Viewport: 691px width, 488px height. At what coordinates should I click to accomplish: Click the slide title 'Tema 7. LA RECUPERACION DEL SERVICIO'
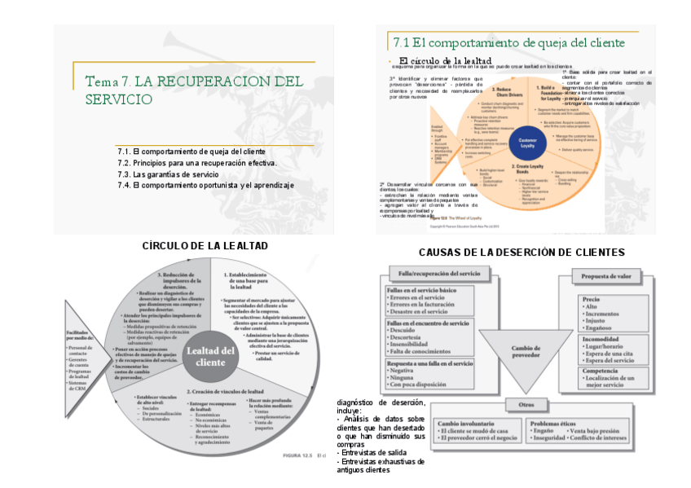click(x=194, y=90)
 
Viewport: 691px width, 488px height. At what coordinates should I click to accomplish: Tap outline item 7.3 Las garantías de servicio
click(x=168, y=174)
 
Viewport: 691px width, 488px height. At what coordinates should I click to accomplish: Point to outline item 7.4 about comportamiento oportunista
click(x=205, y=186)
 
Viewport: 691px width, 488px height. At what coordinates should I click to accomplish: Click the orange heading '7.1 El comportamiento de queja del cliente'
click(x=509, y=43)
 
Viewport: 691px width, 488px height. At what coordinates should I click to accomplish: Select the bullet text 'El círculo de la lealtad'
click(x=445, y=61)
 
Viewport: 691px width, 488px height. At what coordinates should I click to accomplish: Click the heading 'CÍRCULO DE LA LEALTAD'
click(x=205, y=245)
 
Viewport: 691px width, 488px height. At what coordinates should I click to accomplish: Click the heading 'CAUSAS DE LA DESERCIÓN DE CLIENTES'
click(x=522, y=253)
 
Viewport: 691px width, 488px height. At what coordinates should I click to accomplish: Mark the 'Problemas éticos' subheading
click(x=556, y=424)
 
